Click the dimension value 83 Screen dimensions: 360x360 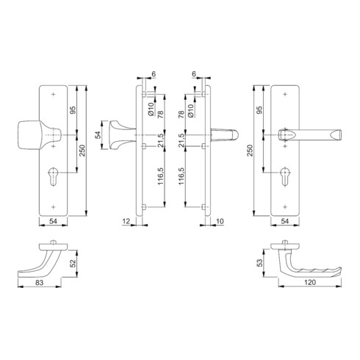pyautogui.click(x=39, y=283)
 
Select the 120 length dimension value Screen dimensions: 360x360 pyautogui.click(x=310, y=282)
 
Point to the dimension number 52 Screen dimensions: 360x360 pyautogui.click(x=73, y=264)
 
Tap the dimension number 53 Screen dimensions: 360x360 pyautogui.click(x=260, y=263)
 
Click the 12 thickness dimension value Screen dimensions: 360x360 pyautogui.click(x=126, y=221)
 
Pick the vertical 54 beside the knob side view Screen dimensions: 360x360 pyautogui.click(x=98, y=135)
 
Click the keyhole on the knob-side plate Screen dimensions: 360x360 pyautogui.click(x=53, y=176)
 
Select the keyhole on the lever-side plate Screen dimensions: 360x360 pyautogui.click(x=284, y=176)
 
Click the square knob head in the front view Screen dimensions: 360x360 pyautogui.click(x=29, y=134)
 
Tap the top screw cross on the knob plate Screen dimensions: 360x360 pyautogui.click(x=54, y=94)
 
